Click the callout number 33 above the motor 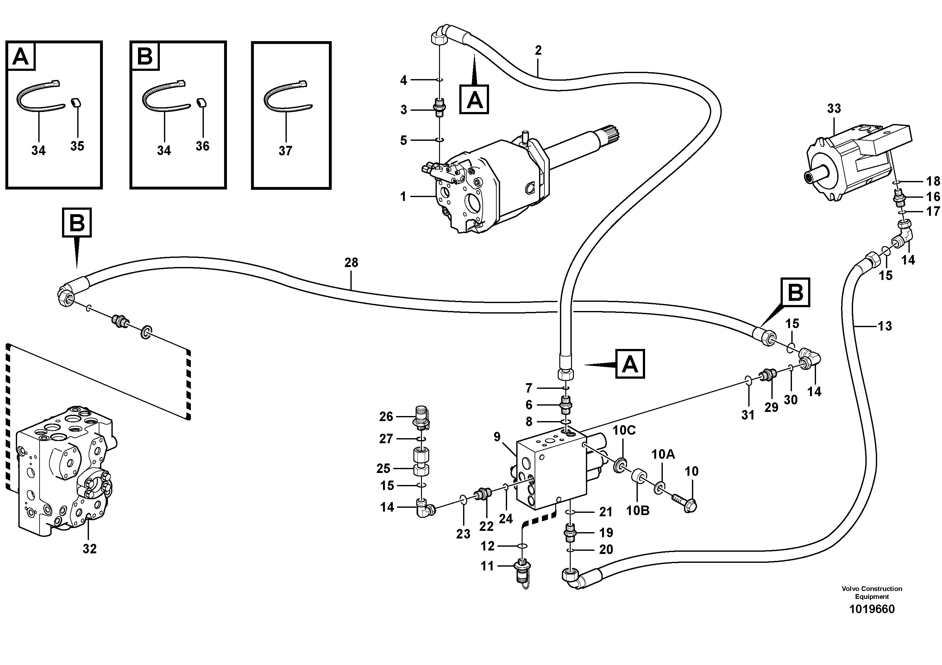[x=834, y=108]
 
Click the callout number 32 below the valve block [x=90, y=549]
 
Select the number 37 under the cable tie [x=285, y=151]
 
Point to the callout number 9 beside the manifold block [x=497, y=437]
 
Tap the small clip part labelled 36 [x=201, y=114]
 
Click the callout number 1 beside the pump [x=403, y=197]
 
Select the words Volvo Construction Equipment [x=871, y=593]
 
